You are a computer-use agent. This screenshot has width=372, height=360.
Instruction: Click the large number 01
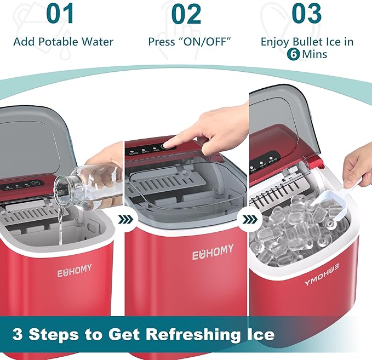tap(60, 15)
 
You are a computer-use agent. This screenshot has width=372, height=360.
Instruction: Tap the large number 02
tap(186, 15)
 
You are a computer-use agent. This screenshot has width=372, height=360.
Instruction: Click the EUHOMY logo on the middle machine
tap(213, 253)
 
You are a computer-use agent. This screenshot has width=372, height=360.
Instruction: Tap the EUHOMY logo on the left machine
tap(75, 270)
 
